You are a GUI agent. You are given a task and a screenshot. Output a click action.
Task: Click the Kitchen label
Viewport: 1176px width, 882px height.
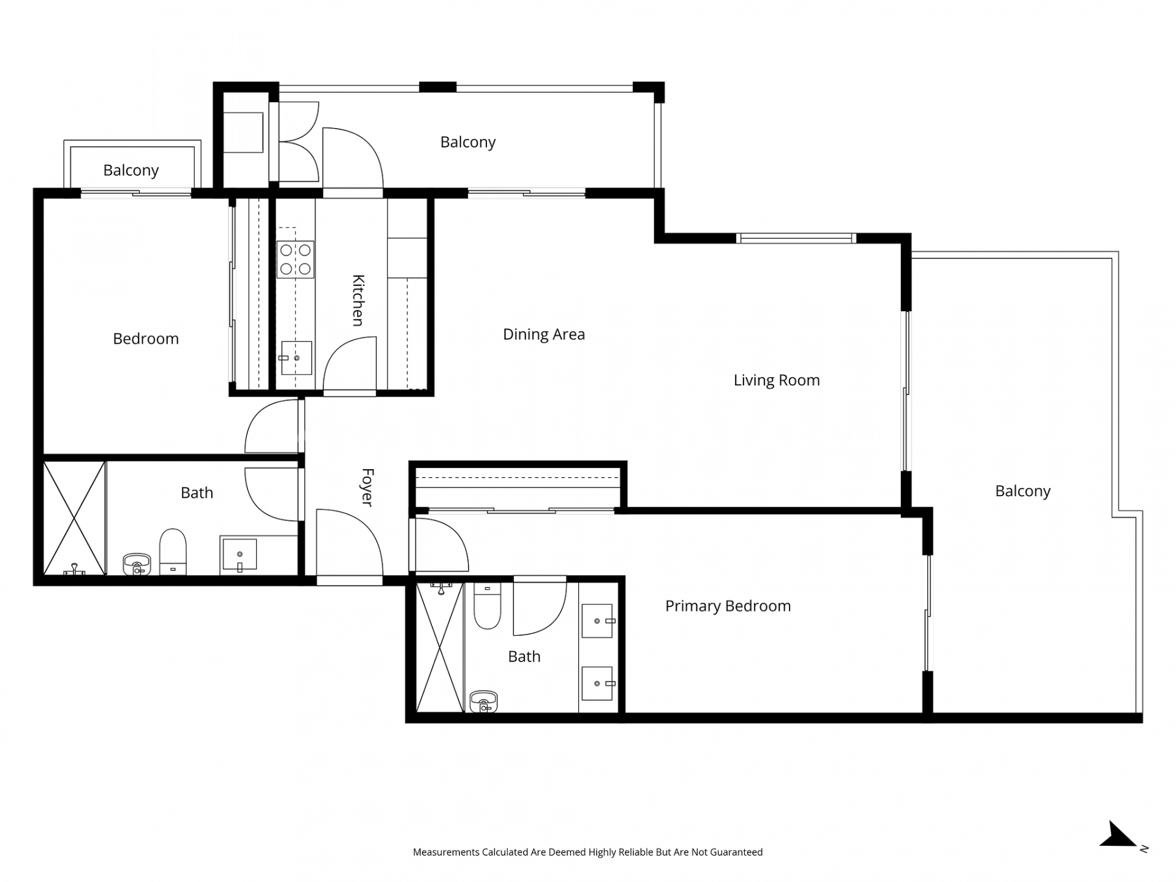358,300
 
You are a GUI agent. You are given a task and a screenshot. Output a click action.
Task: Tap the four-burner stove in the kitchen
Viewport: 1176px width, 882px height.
295,260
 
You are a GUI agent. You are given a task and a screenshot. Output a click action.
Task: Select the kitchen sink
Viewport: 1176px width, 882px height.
296,358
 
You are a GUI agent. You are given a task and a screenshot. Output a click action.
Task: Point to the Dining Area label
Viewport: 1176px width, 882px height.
544,334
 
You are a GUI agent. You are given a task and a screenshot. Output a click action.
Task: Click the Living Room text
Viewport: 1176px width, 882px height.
777,380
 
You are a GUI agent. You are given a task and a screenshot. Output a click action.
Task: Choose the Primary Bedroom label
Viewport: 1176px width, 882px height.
728,606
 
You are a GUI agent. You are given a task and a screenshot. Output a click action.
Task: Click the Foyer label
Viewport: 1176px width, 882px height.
367,487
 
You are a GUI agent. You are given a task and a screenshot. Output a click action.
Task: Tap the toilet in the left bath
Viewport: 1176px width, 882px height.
173,552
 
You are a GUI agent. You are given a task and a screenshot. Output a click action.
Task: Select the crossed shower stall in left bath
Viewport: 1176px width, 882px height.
74,518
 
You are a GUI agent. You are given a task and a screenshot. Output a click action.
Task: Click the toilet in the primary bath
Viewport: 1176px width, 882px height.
488,606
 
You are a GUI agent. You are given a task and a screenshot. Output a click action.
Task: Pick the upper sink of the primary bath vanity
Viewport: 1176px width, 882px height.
597,621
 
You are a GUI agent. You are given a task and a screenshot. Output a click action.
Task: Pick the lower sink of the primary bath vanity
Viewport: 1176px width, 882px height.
597,684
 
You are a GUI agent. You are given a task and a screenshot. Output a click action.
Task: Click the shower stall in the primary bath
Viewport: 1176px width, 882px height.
440,647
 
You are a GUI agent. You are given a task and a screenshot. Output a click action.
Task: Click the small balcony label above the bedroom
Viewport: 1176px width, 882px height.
131,170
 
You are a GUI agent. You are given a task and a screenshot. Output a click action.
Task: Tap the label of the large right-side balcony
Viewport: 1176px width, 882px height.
1023,491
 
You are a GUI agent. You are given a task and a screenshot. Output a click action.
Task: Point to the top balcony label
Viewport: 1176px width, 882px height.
468,142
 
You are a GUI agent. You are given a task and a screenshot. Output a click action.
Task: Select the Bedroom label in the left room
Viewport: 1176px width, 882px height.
146,339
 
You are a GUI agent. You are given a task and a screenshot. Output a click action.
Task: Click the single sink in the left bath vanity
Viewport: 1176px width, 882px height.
239,554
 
